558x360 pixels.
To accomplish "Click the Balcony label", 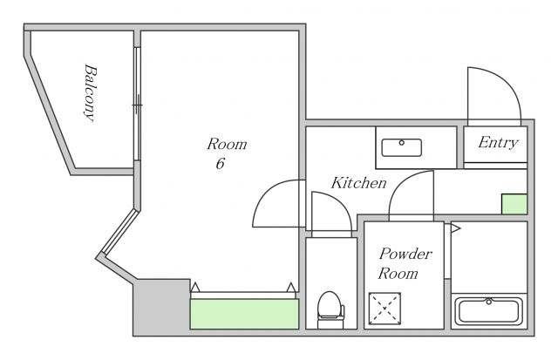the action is click(x=90, y=93).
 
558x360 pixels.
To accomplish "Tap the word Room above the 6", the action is click(x=227, y=144).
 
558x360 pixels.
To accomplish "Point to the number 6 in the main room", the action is click(x=221, y=163).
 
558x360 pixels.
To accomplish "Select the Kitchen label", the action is click(x=358, y=183).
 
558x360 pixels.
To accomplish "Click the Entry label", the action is click(x=498, y=143).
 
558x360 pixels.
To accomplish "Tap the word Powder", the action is click(x=405, y=254).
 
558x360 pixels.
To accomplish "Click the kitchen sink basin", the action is click(x=402, y=147).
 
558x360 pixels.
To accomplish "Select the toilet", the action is click(x=330, y=309).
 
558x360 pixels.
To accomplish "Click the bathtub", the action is click(x=489, y=311).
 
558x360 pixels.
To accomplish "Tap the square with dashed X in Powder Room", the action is click(x=384, y=309).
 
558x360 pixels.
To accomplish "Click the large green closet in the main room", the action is click(x=244, y=314).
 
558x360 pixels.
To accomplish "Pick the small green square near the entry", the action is click(x=514, y=204).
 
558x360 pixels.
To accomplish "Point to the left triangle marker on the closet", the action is click(x=195, y=287).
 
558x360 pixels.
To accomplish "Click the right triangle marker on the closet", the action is click(x=291, y=288).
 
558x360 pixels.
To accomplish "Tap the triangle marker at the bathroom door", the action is click(x=455, y=228).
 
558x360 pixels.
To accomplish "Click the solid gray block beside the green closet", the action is click(x=162, y=308).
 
